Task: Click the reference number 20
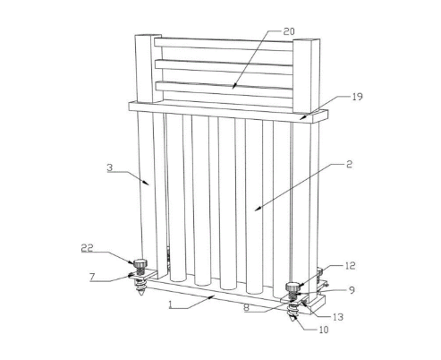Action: click(x=289, y=31)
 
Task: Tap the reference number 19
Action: click(x=357, y=97)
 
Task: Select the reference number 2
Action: click(x=349, y=164)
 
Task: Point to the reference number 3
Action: click(x=110, y=167)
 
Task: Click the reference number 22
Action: click(x=88, y=248)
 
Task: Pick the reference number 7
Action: click(x=92, y=278)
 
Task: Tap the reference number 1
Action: click(x=170, y=304)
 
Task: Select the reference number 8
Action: click(x=246, y=308)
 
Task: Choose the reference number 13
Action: click(x=338, y=317)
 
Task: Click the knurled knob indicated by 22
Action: click(x=140, y=264)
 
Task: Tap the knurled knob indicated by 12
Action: click(x=293, y=287)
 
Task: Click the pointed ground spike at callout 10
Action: click(x=292, y=314)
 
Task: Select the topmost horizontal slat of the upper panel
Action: click(x=224, y=44)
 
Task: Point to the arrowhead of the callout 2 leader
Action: click(x=258, y=208)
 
